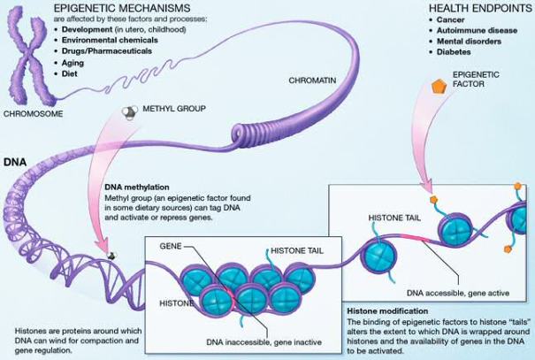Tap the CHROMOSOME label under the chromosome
[x=33, y=113]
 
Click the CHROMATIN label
[x=311, y=80]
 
